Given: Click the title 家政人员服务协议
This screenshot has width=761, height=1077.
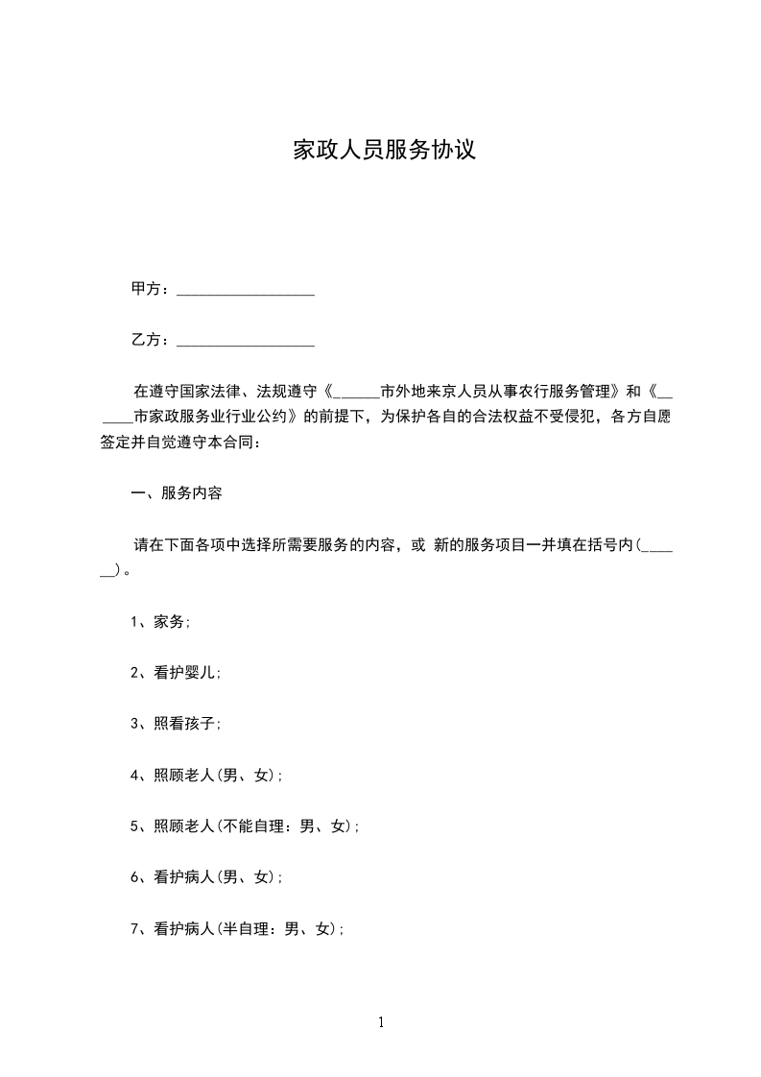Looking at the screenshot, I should (384, 151).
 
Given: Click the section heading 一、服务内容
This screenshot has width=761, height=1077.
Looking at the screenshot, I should (177, 493).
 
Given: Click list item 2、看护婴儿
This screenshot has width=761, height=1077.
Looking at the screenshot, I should (177, 673).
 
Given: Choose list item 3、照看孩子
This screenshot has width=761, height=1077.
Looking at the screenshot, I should (177, 724).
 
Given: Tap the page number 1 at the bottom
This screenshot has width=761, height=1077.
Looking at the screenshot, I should (381, 1023).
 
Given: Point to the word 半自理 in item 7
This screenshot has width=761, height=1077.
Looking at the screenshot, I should (246, 928).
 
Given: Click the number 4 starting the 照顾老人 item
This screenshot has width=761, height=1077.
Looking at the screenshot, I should (135, 776).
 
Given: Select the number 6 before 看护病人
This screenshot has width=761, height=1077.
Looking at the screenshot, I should (135, 877).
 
